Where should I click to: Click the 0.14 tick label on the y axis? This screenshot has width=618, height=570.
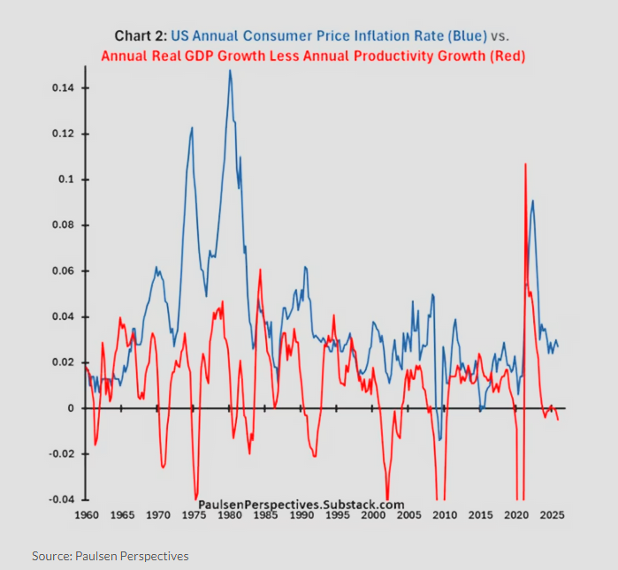coord(62,88)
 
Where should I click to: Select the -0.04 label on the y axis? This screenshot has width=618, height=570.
coord(59,499)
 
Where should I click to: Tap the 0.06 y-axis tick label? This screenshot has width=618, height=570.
coord(62,271)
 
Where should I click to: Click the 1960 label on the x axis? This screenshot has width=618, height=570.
coord(87,514)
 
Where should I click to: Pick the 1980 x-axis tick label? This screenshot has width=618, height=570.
coord(230,514)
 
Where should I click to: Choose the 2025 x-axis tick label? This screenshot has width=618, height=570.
coord(552,514)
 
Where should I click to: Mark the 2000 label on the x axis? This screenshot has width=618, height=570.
coord(373,514)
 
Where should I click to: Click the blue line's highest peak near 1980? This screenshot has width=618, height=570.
coord(230,71)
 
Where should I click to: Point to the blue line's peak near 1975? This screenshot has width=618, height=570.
coord(192,128)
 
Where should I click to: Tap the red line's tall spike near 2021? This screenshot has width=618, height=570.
coord(526,164)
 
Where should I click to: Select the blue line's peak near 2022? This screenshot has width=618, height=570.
coord(532,201)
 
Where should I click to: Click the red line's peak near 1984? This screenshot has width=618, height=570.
coord(260,270)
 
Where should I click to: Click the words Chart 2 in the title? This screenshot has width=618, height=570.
coord(139,35)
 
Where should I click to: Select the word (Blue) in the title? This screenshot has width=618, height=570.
coord(461,35)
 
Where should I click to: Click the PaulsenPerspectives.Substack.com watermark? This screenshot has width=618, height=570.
coord(301,503)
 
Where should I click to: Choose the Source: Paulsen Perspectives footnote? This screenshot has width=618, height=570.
coord(111,556)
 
